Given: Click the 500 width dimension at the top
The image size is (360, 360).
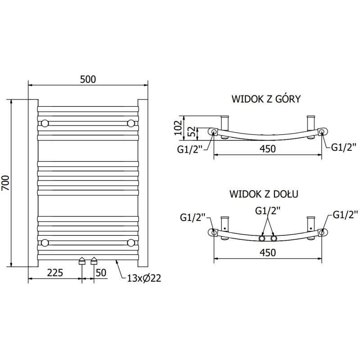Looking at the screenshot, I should (x=88, y=79).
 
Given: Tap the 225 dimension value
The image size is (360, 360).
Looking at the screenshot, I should (x=55, y=273).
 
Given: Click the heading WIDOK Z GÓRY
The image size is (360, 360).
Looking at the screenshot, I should (x=266, y=99).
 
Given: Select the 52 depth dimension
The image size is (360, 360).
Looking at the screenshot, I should (x=191, y=132).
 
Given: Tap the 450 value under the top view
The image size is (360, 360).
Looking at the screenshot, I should (x=267, y=148).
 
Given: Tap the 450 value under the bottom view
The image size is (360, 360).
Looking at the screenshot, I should (x=267, y=253).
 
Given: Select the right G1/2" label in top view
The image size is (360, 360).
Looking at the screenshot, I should (x=344, y=147).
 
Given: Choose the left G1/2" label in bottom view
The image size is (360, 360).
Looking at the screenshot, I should (x=192, y=218).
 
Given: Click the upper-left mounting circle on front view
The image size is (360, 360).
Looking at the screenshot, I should (x=45, y=123).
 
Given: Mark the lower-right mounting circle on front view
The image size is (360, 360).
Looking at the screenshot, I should (x=131, y=243).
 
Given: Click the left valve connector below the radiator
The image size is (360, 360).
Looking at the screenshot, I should (x=82, y=261).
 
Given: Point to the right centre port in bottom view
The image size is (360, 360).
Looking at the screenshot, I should (x=273, y=238).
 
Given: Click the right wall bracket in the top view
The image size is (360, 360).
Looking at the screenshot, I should (x=310, y=123).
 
